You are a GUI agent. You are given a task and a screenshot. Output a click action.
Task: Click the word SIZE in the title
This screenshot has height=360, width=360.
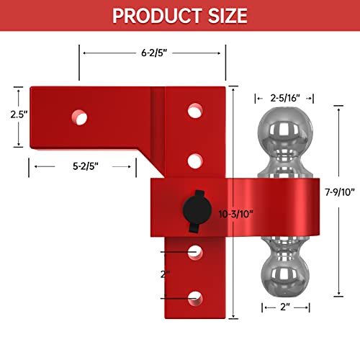point(224,15)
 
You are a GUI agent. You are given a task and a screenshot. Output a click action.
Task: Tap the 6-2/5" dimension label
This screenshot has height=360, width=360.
point(151,53)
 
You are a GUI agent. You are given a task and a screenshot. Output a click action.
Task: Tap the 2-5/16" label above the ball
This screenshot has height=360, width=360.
point(280,96)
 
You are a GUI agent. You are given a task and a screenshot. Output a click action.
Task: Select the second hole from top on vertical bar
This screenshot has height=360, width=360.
point(194,160)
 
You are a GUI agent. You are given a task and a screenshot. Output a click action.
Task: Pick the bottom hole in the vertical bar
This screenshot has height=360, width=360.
point(194,296)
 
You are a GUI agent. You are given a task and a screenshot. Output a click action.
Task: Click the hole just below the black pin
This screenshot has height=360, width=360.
point(194,252)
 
